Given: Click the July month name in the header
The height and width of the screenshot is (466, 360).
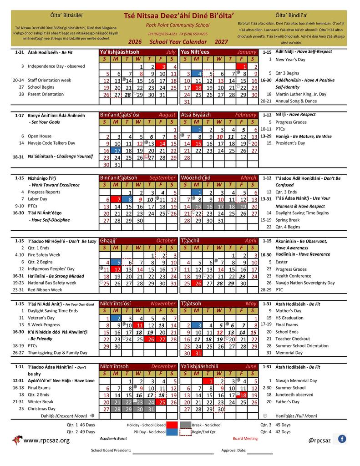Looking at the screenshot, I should (171, 52).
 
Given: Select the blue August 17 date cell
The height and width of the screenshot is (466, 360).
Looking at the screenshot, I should (117, 151).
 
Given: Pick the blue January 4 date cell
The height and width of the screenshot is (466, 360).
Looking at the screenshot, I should (199, 73).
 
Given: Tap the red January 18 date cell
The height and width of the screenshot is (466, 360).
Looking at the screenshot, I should (199, 88).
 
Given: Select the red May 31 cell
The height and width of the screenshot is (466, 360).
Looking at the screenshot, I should (199, 353).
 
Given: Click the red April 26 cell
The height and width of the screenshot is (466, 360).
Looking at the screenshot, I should (199, 283).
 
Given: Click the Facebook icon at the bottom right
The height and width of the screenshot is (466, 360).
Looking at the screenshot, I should (341, 439).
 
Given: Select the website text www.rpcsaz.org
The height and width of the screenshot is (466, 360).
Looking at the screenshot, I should (46, 440).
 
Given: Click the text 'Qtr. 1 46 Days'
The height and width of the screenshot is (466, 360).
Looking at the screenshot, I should (81, 424).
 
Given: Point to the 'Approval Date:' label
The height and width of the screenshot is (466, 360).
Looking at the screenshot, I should (233, 451).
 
